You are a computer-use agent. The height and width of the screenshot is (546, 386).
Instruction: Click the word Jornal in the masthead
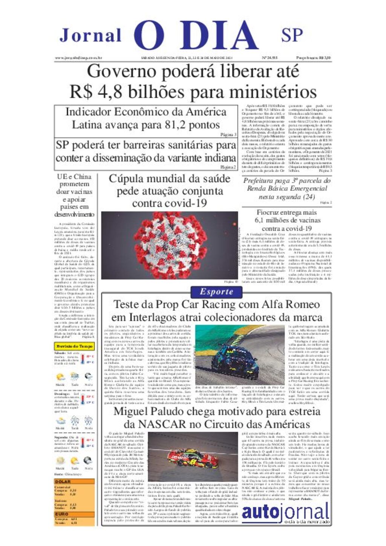[x=90, y=35]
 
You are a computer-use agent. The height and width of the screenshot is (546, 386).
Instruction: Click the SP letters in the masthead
[x=292, y=35]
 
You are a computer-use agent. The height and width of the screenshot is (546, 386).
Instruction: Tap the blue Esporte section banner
[x=216, y=292]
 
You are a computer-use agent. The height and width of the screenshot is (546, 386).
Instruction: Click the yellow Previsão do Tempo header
[x=74, y=346]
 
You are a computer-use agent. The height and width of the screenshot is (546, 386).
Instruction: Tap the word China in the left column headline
[x=83, y=176]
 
